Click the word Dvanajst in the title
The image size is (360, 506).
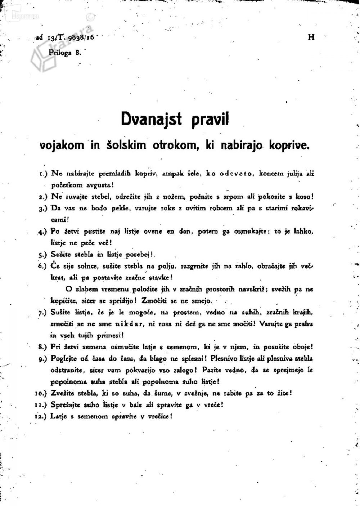tap(152, 119)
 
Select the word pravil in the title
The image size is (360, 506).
tap(210, 120)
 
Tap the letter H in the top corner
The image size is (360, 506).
tap(311, 37)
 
